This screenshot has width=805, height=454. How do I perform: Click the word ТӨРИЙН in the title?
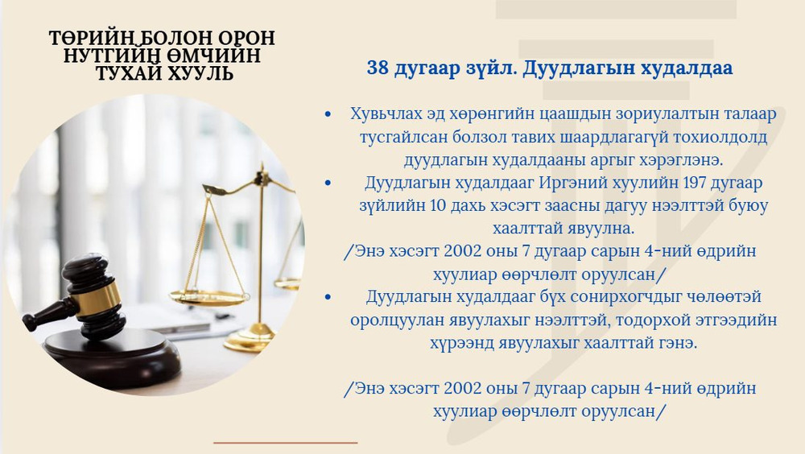click(88, 39)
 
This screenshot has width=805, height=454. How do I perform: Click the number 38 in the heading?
click(378, 68)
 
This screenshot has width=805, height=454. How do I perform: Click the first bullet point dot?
click(328, 114)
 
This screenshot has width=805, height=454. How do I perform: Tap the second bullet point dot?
click(328, 184)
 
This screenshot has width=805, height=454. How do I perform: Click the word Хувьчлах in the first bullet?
click(386, 114)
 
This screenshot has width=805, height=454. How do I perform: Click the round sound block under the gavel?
click(112, 354)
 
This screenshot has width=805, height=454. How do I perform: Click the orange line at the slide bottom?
click(285, 442)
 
